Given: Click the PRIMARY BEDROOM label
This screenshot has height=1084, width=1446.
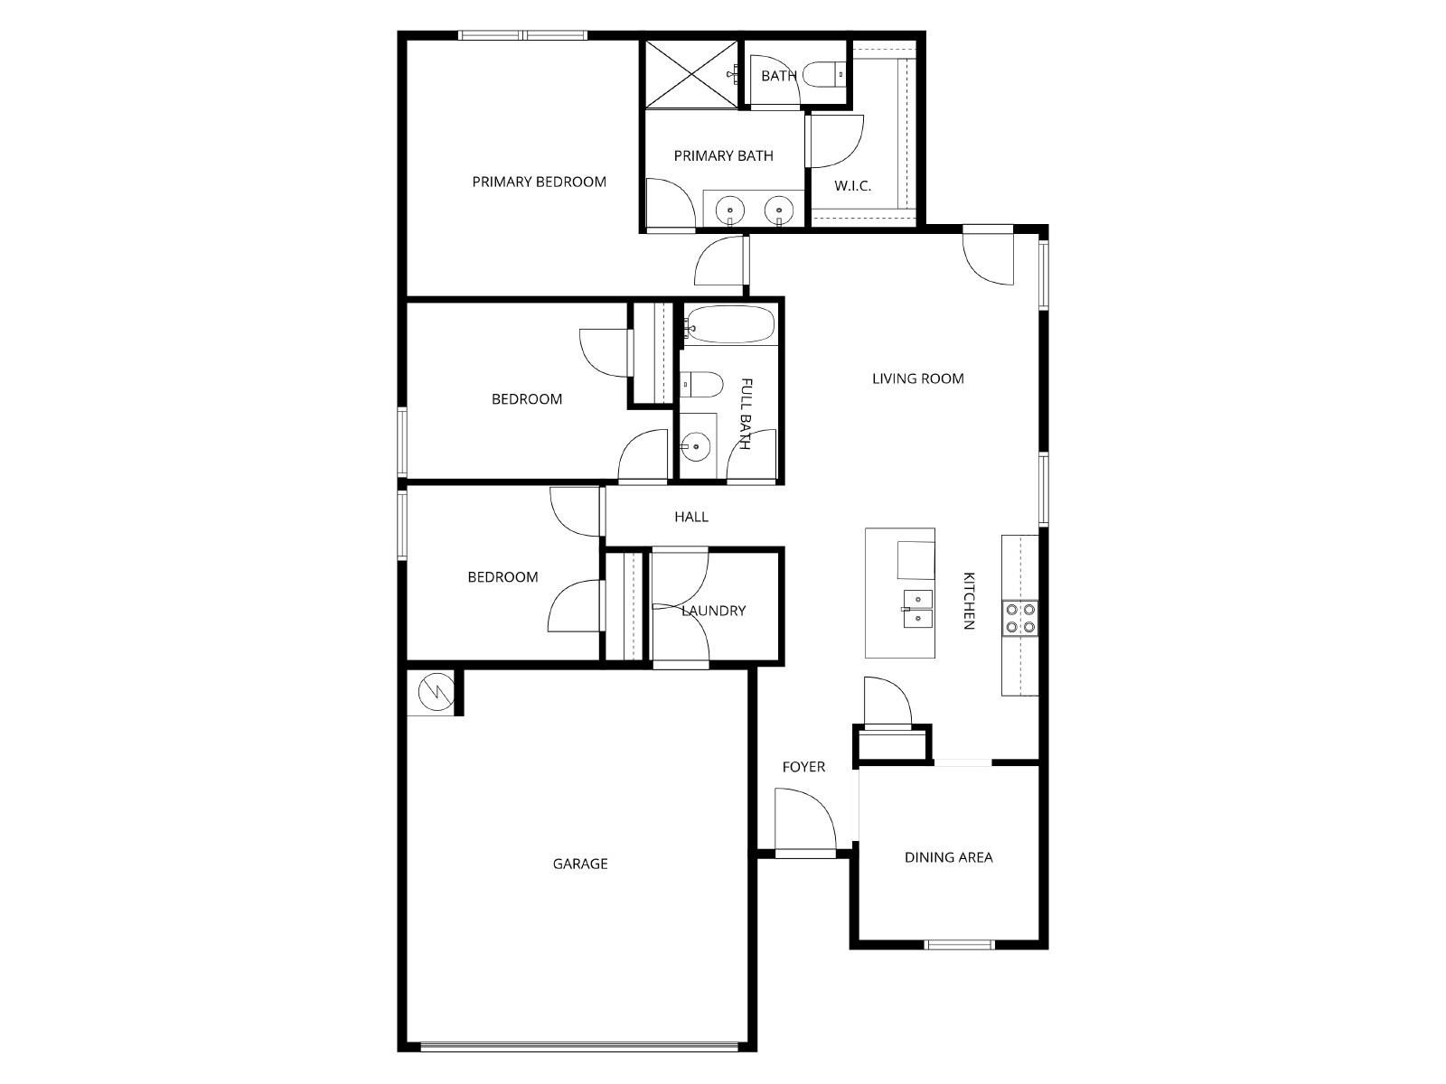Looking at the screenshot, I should (539, 182).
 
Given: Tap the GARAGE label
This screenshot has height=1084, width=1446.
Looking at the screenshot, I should (580, 864).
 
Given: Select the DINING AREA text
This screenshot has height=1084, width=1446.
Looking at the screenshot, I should (948, 857).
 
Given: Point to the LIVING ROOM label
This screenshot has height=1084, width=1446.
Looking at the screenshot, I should (917, 378).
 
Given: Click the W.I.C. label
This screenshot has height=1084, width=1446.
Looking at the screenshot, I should (852, 186).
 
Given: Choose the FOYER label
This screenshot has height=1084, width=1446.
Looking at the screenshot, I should (803, 767).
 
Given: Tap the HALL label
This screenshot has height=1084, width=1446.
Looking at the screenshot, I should (691, 517).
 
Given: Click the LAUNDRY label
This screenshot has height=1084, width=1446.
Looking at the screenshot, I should (713, 611).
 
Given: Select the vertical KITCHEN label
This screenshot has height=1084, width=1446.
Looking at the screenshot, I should (969, 601).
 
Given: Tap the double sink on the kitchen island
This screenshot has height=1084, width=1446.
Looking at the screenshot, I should (918, 608).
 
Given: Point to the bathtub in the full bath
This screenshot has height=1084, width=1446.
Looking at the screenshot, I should (730, 324).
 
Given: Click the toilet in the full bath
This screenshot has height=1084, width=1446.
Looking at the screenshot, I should (702, 386).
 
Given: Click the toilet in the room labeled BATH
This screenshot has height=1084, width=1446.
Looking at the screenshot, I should (823, 74).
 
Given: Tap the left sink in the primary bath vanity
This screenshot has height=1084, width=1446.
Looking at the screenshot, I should (729, 211).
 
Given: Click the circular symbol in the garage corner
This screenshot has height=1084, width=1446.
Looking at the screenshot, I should (431, 692).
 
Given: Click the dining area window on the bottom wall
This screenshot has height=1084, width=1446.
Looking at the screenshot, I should (959, 945).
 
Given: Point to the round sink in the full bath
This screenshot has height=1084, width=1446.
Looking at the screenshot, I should (695, 445).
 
